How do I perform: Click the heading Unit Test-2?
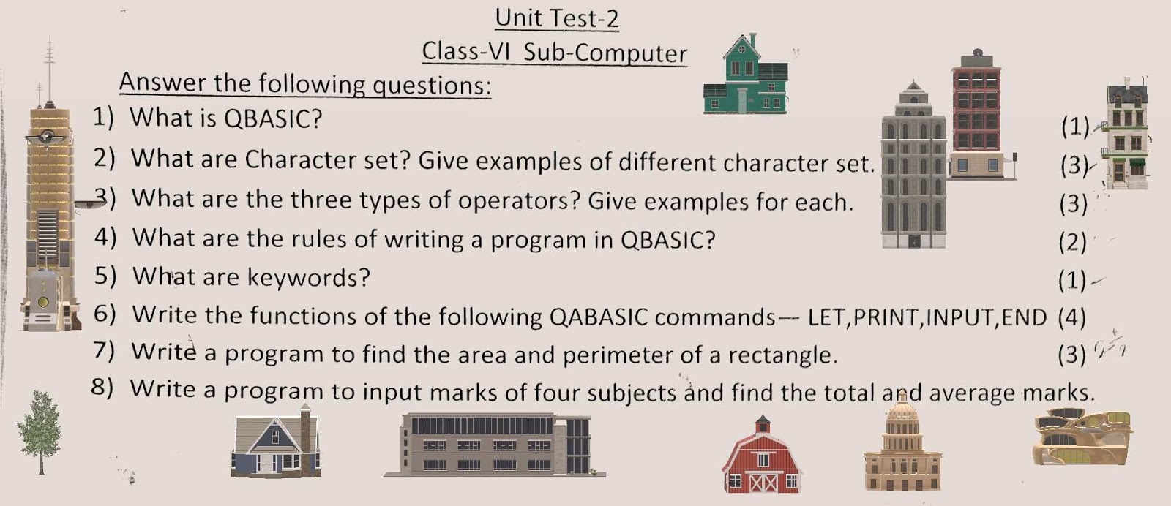(557, 19)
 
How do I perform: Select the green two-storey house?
(746, 74)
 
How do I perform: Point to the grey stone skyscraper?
(913, 165)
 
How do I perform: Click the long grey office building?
(495, 445)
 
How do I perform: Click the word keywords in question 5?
(308, 277)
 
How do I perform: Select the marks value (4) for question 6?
(1071, 317)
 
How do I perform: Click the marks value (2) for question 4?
(1073, 242)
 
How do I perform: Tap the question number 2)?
(104, 157)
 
